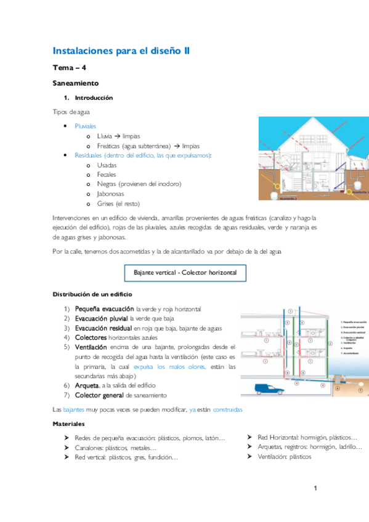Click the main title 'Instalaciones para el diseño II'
tap(121, 51)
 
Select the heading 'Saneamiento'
tap(76, 82)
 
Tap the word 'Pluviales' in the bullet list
tap(86, 126)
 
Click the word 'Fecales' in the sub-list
tap(107, 175)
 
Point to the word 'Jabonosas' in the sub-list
tap(110, 193)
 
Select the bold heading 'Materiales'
tap(68, 424)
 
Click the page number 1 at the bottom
tap(315, 489)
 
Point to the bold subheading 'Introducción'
tap(94, 98)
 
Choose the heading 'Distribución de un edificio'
tap(92, 294)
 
